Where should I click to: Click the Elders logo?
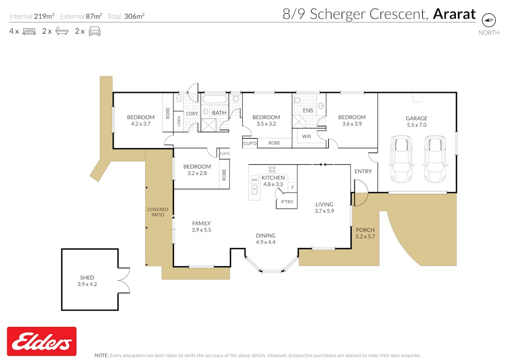(41, 341)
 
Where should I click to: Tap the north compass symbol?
(488, 20)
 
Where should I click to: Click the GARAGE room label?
(416, 118)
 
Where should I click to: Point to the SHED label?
(87, 277)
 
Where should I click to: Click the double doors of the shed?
(124, 280)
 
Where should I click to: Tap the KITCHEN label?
(273, 178)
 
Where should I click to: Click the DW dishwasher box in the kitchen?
(254, 180)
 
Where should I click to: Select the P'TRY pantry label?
(287, 202)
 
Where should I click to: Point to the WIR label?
(306, 137)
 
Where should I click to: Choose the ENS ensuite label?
(308, 110)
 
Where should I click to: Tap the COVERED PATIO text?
(157, 212)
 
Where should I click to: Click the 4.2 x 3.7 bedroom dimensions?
(140, 124)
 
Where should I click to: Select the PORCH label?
(365, 230)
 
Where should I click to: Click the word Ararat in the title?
(454, 14)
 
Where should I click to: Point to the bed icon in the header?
(29, 31)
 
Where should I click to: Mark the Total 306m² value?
(134, 16)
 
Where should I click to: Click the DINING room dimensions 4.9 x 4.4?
(265, 242)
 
